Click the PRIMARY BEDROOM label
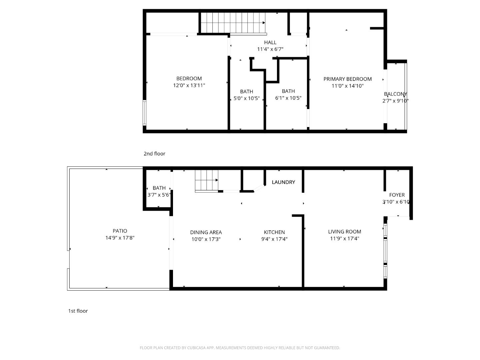click(x=347, y=79)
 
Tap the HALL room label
click(x=270, y=42)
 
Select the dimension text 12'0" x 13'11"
click(x=189, y=85)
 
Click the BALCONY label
click(x=395, y=94)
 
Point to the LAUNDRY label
click(x=283, y=182)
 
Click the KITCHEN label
click(x=274, y=232)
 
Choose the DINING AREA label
click(x=206, y=232)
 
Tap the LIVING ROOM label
click(x=344, y=232)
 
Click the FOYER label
click(x=397, y=195)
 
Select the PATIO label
click(x=120, y=231)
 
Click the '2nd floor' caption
click(x=154, y=154)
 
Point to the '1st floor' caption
click(x=78, y=311)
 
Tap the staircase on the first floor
click(x=207, y=180)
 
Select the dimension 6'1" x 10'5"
click(x=288, y=98)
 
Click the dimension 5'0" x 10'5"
click(x=246, y=98)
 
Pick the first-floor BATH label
click(x=159, y=188)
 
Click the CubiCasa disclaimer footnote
click(x=240, y=348)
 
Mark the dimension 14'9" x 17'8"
click(x=120, y=238)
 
